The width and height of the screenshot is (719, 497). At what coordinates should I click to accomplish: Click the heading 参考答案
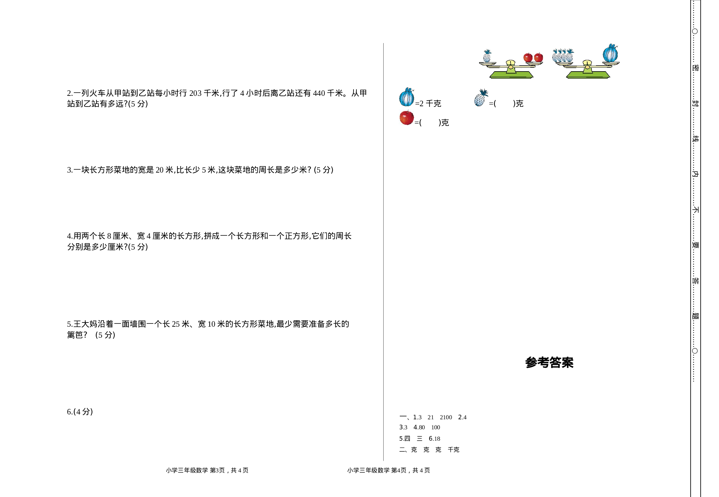(x=549, y=363)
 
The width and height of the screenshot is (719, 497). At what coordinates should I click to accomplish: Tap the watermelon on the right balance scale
(x=610, y=54)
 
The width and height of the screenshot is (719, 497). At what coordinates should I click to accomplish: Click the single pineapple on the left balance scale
(x=487, y=56)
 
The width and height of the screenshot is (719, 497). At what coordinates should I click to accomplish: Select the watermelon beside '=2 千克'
(x=406, y=97)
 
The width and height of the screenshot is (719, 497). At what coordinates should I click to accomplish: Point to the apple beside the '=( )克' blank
(x=407, y=118)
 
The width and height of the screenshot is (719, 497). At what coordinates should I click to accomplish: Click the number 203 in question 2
(x=195, y=93)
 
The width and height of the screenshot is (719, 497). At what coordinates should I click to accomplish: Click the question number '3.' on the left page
(x=70, y=170)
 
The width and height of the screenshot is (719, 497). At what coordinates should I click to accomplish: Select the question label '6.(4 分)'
(x=80, y=412)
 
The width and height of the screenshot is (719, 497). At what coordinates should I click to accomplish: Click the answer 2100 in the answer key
(x=446, y=417)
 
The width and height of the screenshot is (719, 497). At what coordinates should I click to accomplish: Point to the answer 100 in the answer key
(x=435, y=427)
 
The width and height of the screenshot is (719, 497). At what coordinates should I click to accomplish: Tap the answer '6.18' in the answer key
(x=434, y=439)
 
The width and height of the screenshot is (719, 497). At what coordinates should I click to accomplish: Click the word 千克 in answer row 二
(x=454, y=450)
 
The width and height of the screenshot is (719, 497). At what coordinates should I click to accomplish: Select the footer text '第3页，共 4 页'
(x=229, y=470)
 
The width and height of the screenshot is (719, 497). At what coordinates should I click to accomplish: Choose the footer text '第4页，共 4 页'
(x=410, y=470)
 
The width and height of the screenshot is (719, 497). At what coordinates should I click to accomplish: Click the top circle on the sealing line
(x=695, y=31)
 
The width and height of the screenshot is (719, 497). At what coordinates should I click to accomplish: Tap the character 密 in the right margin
(x=695, y=68)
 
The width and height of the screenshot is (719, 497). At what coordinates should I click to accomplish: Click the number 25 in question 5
(x=176, y=324)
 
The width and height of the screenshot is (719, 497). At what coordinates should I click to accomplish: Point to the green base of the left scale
(x=511, y=75)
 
